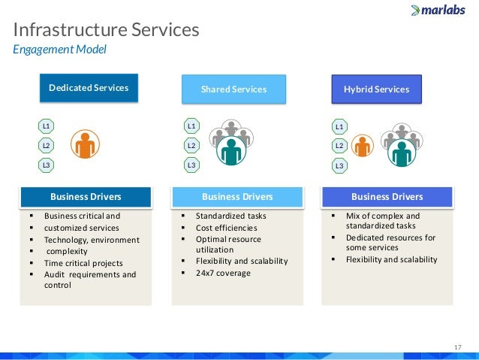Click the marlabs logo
pos(439,11)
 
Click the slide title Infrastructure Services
pos(107,30)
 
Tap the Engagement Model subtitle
pos(60,50)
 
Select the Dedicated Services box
pos(89,88)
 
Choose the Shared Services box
pos(233,89)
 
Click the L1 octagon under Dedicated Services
pos(47,126)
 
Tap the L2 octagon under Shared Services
pos(191,145)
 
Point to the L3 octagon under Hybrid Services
pos(339,165)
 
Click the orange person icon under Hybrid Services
pos(363,147)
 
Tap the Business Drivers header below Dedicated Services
pos(86,197)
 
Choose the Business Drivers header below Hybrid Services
pos(387,197)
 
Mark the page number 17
pos(456,346)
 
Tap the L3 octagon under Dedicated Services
pos(47,165)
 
